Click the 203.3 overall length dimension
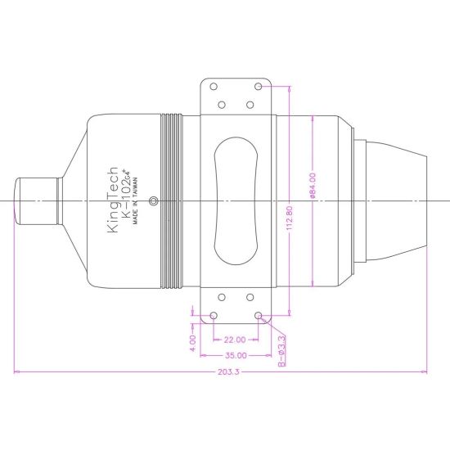tap(228, 372)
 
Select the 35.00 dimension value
tap(236, 356)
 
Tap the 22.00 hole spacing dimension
tap(235, 340)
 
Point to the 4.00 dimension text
tap(193, 343)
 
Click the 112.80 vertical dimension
tap(290, 218)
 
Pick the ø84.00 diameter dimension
tap(313, 186)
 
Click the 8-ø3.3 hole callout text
tap(281, 351)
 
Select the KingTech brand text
tap(112, 200)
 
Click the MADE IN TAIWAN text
tap(135, 200)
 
